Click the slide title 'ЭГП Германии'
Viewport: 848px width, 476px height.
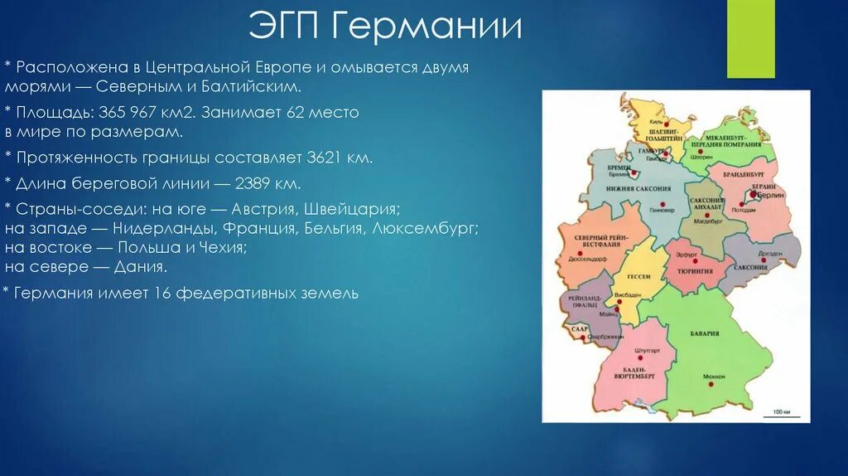(385, 27)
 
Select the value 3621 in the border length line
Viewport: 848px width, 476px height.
(325, 157)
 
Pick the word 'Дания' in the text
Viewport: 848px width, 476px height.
(142, 267)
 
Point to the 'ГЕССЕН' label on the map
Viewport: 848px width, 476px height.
(638, 276)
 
